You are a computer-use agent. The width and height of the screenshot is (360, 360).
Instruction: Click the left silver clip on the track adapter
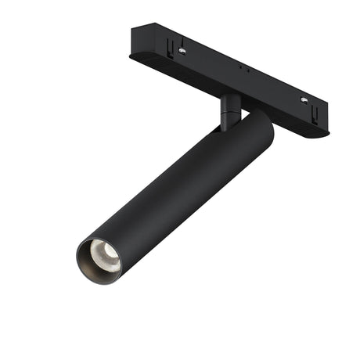182,51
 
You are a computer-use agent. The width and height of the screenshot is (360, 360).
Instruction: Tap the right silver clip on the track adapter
304,101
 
